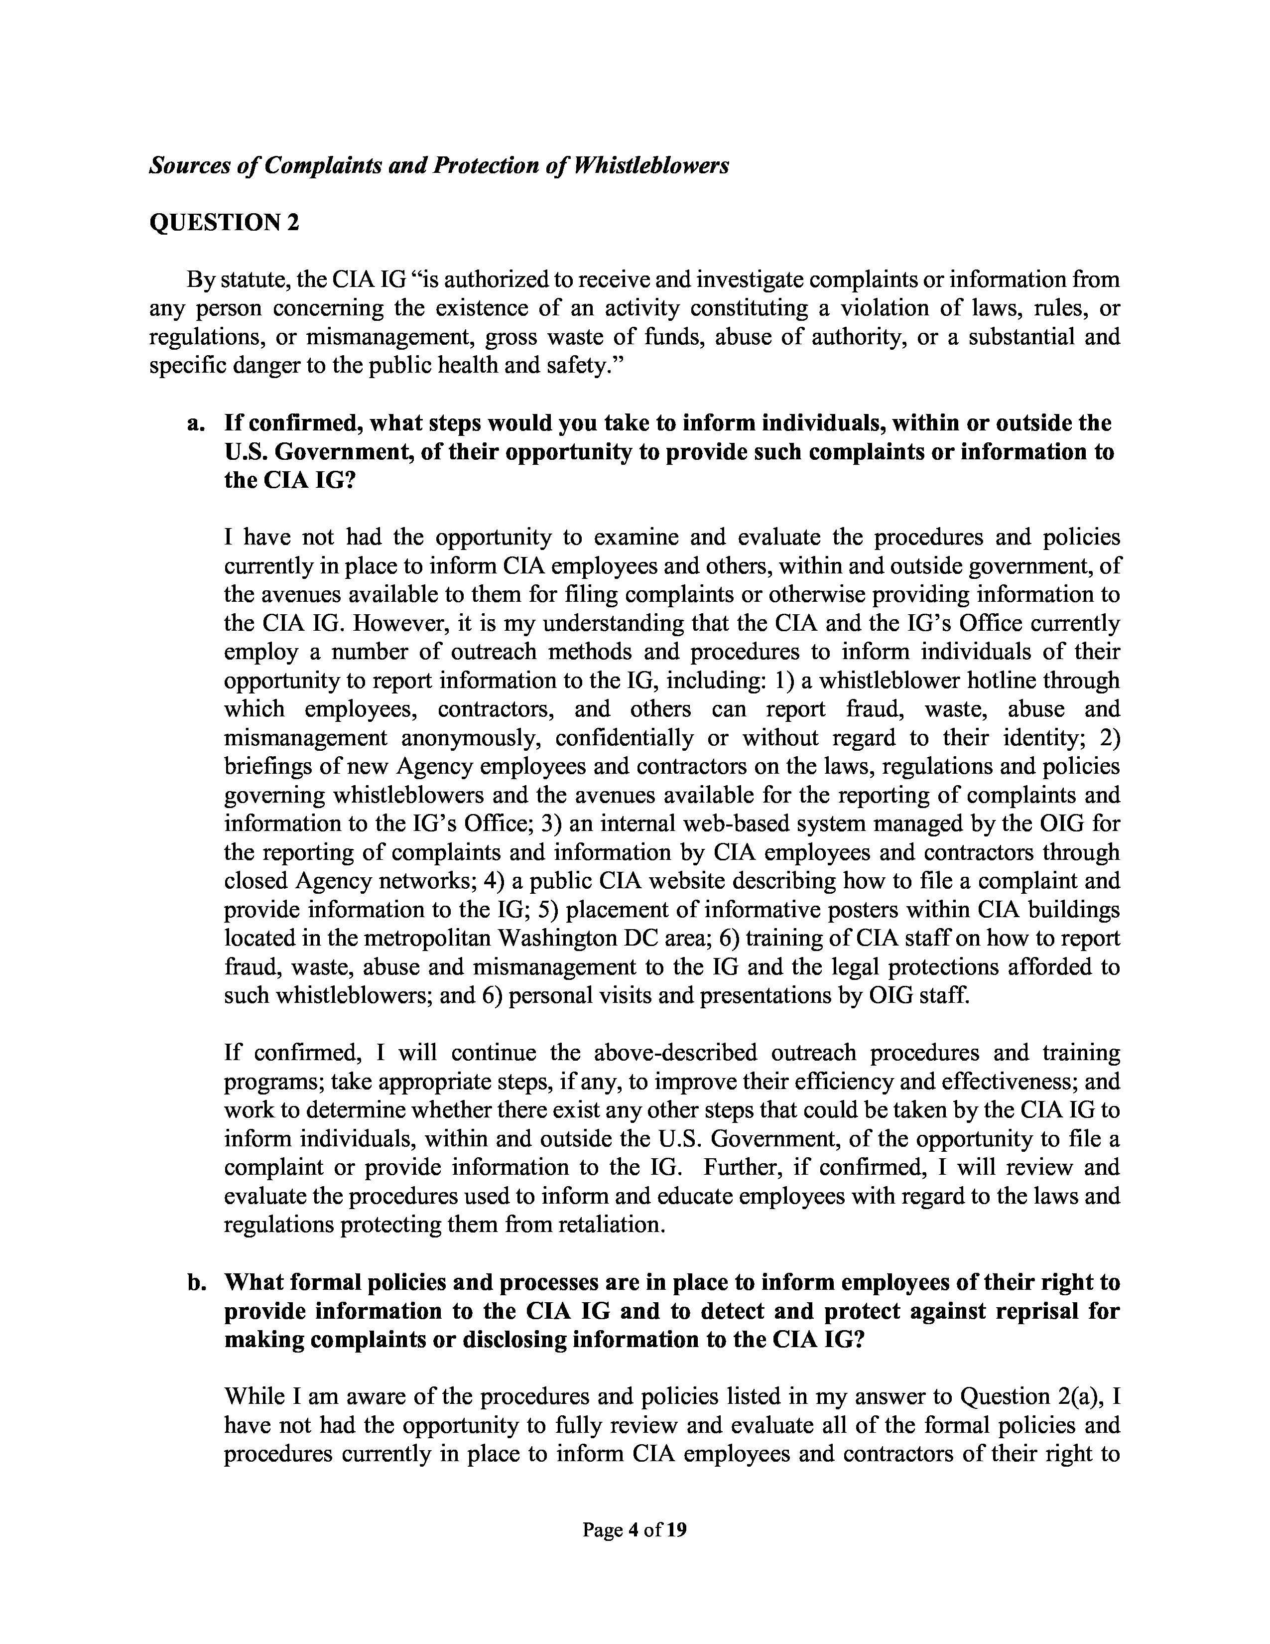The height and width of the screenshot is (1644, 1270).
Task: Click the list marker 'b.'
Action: coord(196,1282)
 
